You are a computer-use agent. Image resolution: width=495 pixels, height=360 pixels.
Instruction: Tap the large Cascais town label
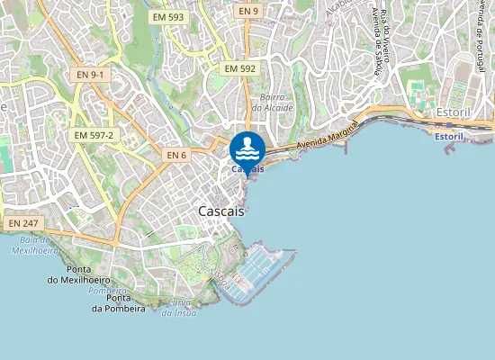[220, 210]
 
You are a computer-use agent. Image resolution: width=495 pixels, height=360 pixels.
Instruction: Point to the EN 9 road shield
[248, 11]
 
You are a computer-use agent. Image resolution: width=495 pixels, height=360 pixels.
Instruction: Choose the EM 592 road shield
[240, 68]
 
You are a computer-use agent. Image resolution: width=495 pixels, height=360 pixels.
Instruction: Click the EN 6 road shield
[176, 156]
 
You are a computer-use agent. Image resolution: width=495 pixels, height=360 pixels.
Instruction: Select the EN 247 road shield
[25, 222]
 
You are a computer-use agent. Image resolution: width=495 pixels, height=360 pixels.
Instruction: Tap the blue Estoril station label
[448, 136]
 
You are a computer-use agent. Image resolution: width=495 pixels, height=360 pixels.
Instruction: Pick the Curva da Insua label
[180, 307]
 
